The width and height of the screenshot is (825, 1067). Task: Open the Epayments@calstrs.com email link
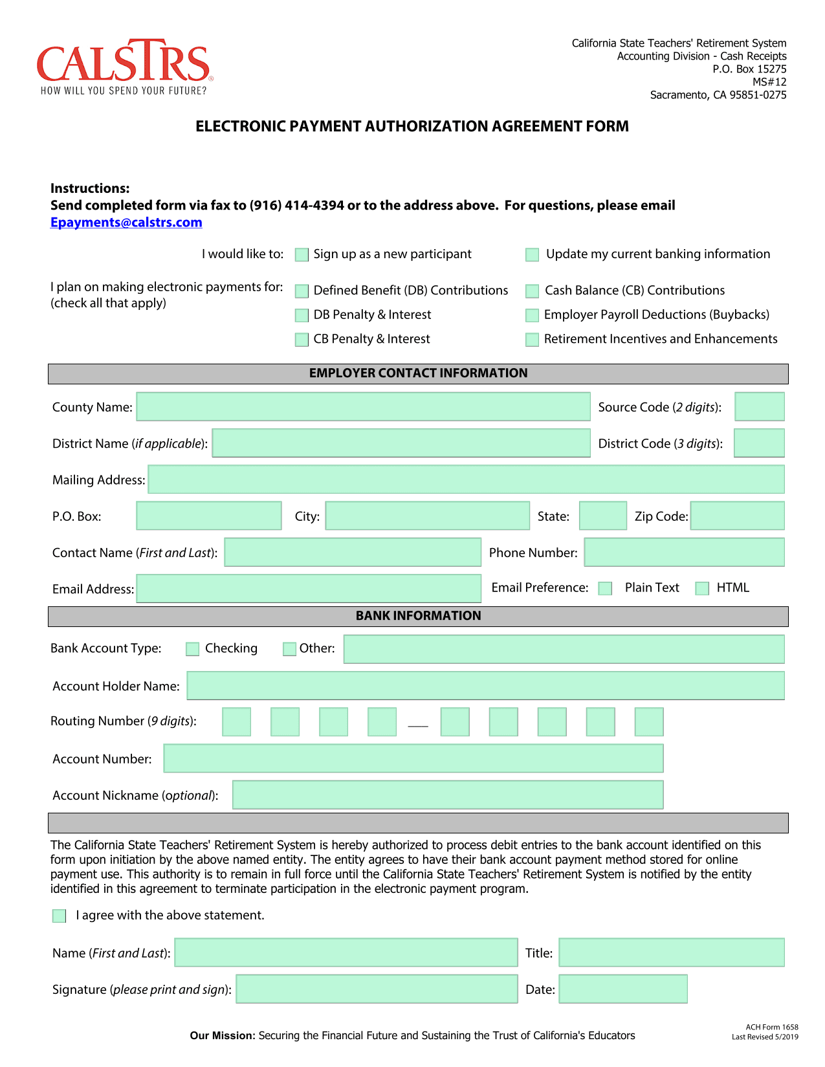click(x=126, y=223)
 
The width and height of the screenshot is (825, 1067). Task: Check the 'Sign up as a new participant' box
click(x=302, y=255)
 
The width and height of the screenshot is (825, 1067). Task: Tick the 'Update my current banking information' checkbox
click(x=533, y=255)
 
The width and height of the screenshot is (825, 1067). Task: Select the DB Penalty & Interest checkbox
click(x=302, y=316)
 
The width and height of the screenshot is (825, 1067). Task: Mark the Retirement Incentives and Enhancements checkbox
click(x=533, y=340)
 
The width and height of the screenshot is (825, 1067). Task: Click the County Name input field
click(x=363, y=407)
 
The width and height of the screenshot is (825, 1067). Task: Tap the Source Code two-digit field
click(x=760, y=407)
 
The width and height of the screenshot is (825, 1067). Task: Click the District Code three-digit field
click(x=759, y=443)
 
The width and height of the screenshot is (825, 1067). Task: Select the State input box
click(x=603, y=516)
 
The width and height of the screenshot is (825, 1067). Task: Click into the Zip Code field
click(x=737, y=516)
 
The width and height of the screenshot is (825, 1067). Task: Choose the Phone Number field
click(x=684, y=553)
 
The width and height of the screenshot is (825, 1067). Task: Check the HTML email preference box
click(x=702, y=589)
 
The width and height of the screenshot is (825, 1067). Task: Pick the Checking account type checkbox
click(x=193, y=649)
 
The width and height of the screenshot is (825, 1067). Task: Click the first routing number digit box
click(x=236, y=722)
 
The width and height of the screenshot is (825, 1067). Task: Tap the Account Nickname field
click(x=448, y=795)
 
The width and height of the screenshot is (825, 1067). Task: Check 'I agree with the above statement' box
click(x=60, y=916)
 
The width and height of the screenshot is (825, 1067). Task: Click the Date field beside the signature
click(x=622, y=989)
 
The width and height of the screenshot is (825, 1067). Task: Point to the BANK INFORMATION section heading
click(x=418, y=616)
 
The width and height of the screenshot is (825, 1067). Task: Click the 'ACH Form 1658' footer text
click(x=771, y=1028)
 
